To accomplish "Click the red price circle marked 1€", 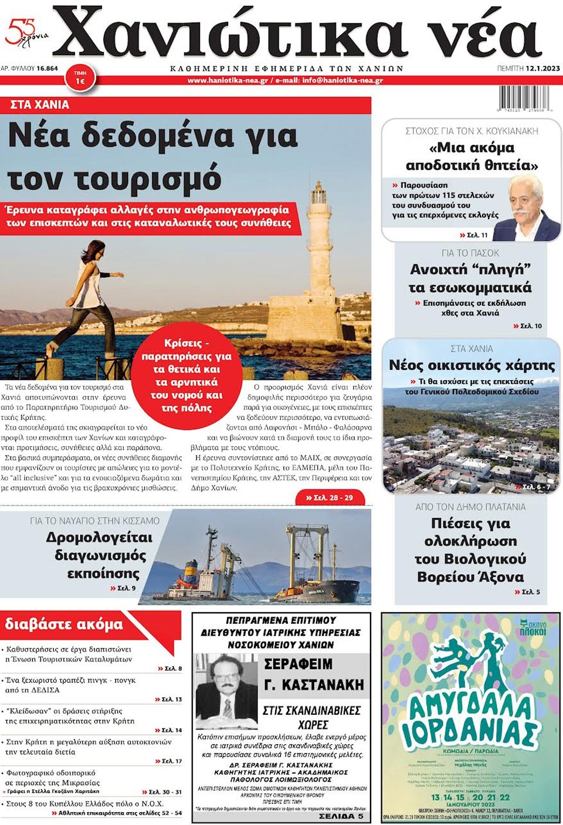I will coord(80,78).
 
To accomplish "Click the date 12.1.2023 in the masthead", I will coord(542,69).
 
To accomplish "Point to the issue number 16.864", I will coord(47,69).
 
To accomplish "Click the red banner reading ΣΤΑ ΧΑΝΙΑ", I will coord(40,105).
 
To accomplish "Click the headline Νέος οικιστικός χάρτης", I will coord(472,365).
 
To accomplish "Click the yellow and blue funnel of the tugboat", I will coord(191,568).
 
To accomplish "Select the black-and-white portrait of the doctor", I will coord(226,683).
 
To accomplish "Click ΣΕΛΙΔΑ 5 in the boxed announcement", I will coord(341,816).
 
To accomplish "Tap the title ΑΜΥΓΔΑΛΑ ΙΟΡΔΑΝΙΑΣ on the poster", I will coord(469,718).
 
